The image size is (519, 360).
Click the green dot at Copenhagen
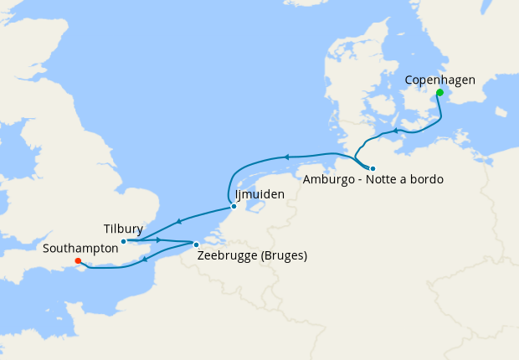(x=439, y=93)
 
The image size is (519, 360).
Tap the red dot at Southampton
(x=78, y=260)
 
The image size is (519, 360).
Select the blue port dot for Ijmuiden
(x=234, y=206)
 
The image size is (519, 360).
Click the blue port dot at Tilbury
(x=124, y=242)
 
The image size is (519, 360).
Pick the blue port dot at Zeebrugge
(x=196, y=244)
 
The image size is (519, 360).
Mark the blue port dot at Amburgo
(x=373, y=168)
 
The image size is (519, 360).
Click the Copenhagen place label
(x=439, y=80)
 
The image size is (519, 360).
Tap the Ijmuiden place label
(x=260, y=194)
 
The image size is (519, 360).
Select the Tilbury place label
(x=123, y=229)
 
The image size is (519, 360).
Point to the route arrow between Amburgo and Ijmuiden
(x=285, y=157)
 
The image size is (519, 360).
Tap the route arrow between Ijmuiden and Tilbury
(x=177, y=223)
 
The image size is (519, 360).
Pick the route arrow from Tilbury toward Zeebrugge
(x=158, y=240)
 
